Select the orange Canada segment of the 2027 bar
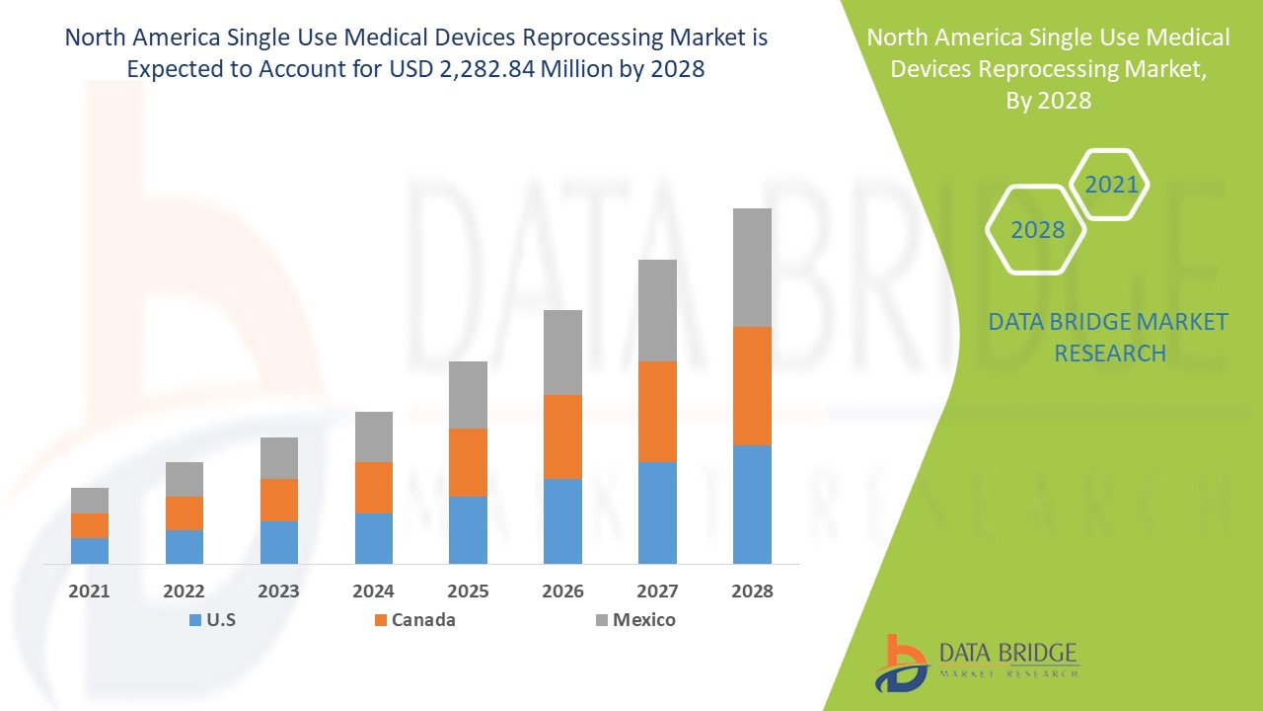pyautogui.click(x=657, y=411)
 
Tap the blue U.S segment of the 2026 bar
pyautogui.click(x=562, y=520)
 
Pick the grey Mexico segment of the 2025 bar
pyautogui.click(x=468, y=394)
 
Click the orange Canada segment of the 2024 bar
pyautogui.click(x=373, y=487)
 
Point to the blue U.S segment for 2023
pyautogui.click(x=278, y=541)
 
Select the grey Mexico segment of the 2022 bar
pyautogui.click(x=185, y=479)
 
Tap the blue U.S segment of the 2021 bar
pyautogui.click(x=90, y=550)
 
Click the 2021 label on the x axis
pyautogui.click(x=89, y=592)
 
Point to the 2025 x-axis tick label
pyautogui.click(x=468, y=592)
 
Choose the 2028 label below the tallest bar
pyautogui.click(x=752, y=592)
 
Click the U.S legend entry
pyautogui.click(x=211, y=620)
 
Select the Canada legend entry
pyautogui.click(x=413, y=620)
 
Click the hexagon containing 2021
pyautogui.click(x=1110, y=185)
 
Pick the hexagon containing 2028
pyautogui.click(x=1036, y=230)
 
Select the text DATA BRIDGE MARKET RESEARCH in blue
pyautogui.click(x=1108, y=337)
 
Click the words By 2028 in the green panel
pyautogui.click(x=1048, y=100)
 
